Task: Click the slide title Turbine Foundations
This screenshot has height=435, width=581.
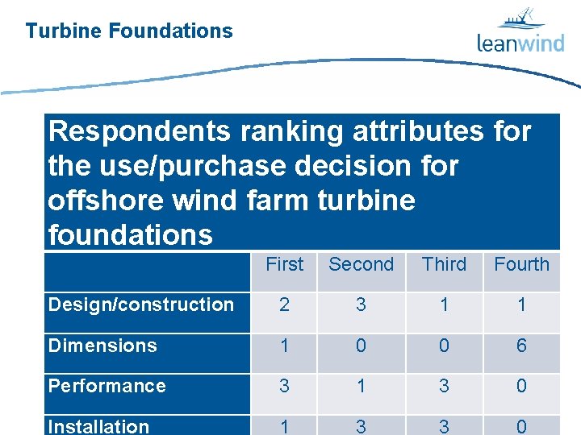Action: coord(129,31)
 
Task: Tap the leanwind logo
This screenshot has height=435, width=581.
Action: coord(520,31)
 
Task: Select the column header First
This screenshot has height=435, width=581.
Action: coord(285,264)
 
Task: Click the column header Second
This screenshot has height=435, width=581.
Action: coord(361,264)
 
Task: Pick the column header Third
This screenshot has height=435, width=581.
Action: coord(444,264)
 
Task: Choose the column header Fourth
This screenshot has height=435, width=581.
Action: coord(521,264)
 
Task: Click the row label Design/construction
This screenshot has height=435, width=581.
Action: coord(141,304)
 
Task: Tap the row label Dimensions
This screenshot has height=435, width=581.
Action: coord(102,346)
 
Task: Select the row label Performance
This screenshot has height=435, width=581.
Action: coord(107,386)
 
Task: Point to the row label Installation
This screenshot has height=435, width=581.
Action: coord(99,426)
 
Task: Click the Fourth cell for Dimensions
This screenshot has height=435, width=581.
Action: coord(521,346)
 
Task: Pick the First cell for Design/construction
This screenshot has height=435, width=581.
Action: coord(285,304)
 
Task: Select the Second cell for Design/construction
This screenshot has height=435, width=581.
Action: coord(361,304)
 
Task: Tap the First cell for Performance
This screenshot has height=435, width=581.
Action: coord(285,386)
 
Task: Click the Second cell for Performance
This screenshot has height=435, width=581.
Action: coord(361,386)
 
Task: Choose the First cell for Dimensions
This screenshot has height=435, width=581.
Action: coord(285,346)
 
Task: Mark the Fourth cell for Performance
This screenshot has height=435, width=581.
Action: coord(521,386)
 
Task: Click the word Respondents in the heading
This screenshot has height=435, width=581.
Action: coord(128,131)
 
